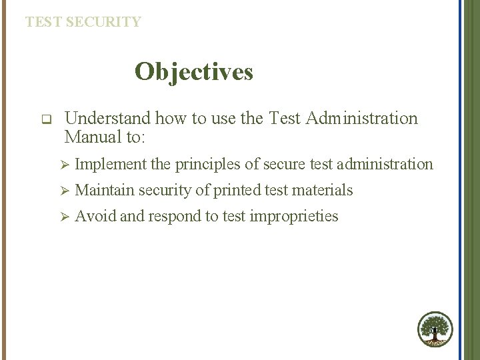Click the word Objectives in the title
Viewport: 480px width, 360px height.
(193, 72)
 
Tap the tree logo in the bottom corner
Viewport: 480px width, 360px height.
(435, 329)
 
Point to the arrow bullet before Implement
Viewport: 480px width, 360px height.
(65, 164)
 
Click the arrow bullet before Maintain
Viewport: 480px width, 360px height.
(65, 191)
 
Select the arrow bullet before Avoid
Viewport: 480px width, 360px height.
(65, 217)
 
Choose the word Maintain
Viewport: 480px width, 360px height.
(104, 190)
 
